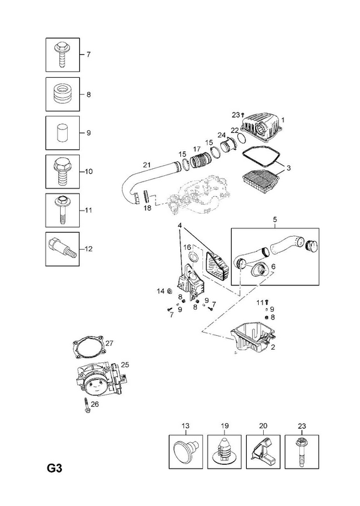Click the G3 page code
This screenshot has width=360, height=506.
click(x=54, y=467)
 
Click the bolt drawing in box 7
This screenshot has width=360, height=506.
click(x=62, y=54)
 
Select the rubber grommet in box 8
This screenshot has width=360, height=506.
click(x=63, y=94)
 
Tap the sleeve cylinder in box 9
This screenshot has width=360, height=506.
click(x=62, y=133)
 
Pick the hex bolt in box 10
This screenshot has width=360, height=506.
click(x=62, y=171)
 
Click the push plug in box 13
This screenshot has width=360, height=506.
click(x=185, y=450)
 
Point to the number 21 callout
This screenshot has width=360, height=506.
click(x=147, y=165)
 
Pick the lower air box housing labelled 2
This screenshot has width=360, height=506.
click(x=254, y=340)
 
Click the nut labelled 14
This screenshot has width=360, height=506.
click(x=168, y=291)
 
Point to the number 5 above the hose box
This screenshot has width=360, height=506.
click(x=275, y=219)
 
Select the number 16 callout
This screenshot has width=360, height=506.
click(x=187, y=247)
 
